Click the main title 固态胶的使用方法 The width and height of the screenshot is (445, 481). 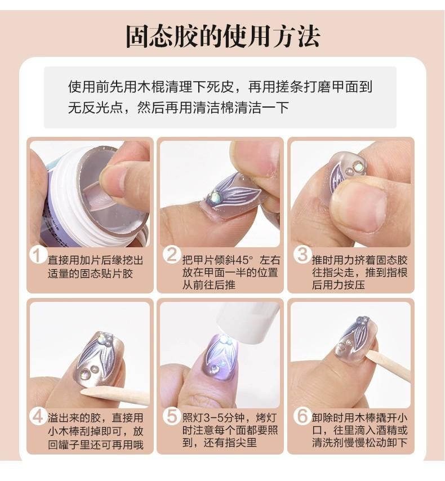[223, 37]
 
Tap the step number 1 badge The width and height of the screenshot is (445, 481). [37, 256]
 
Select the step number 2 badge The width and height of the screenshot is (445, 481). [172, 255]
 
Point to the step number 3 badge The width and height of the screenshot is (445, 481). [302, 255]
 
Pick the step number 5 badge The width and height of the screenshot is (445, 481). [172, 416]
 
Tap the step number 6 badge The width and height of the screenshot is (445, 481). [302, 416]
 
